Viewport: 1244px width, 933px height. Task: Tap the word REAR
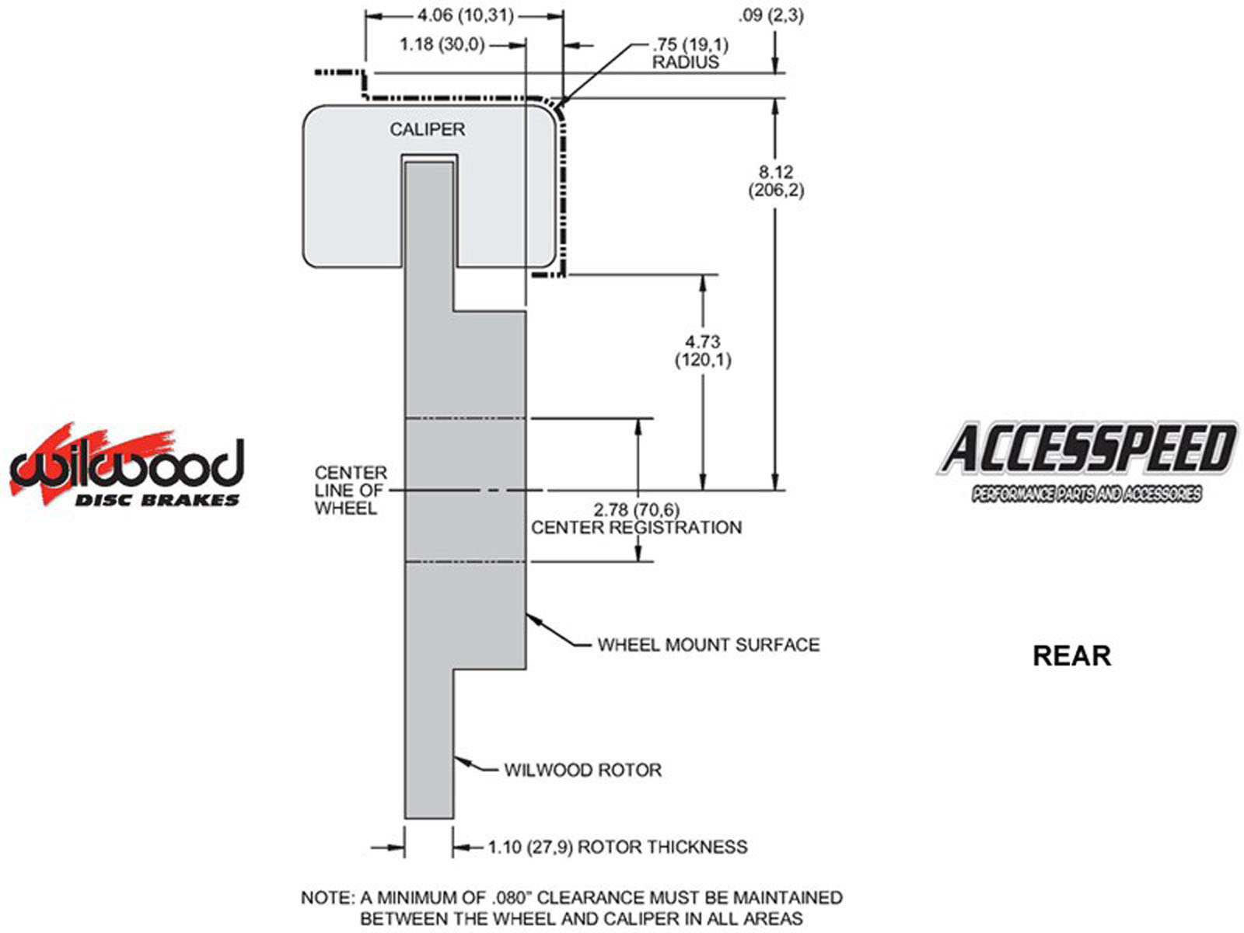(1071, 655)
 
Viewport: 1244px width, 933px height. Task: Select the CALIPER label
(427, 130)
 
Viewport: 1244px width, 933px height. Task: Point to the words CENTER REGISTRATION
(636, 528)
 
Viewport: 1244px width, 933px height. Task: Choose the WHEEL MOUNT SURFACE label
(708, 645)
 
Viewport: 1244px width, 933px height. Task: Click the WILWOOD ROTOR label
(582, 771)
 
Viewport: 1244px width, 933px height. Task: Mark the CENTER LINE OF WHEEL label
(351, 491)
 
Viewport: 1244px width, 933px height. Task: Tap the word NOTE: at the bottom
(326, 898)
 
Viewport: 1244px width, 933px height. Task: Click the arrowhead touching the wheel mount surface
(533, 620)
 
